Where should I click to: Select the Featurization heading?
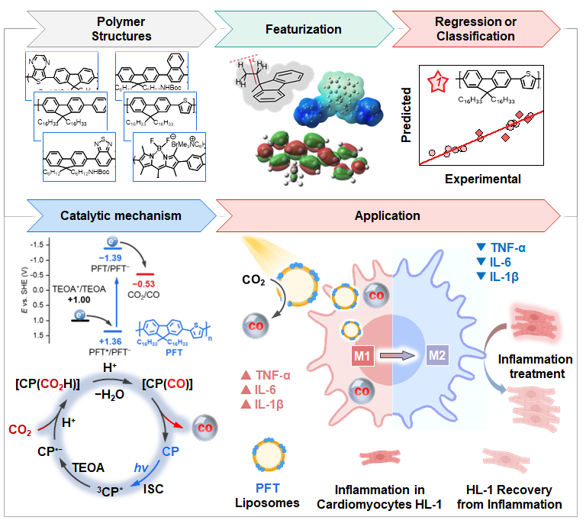tap(303, 29)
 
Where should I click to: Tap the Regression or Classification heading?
tap(486, 28)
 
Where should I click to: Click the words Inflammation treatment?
tap(535, 366)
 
